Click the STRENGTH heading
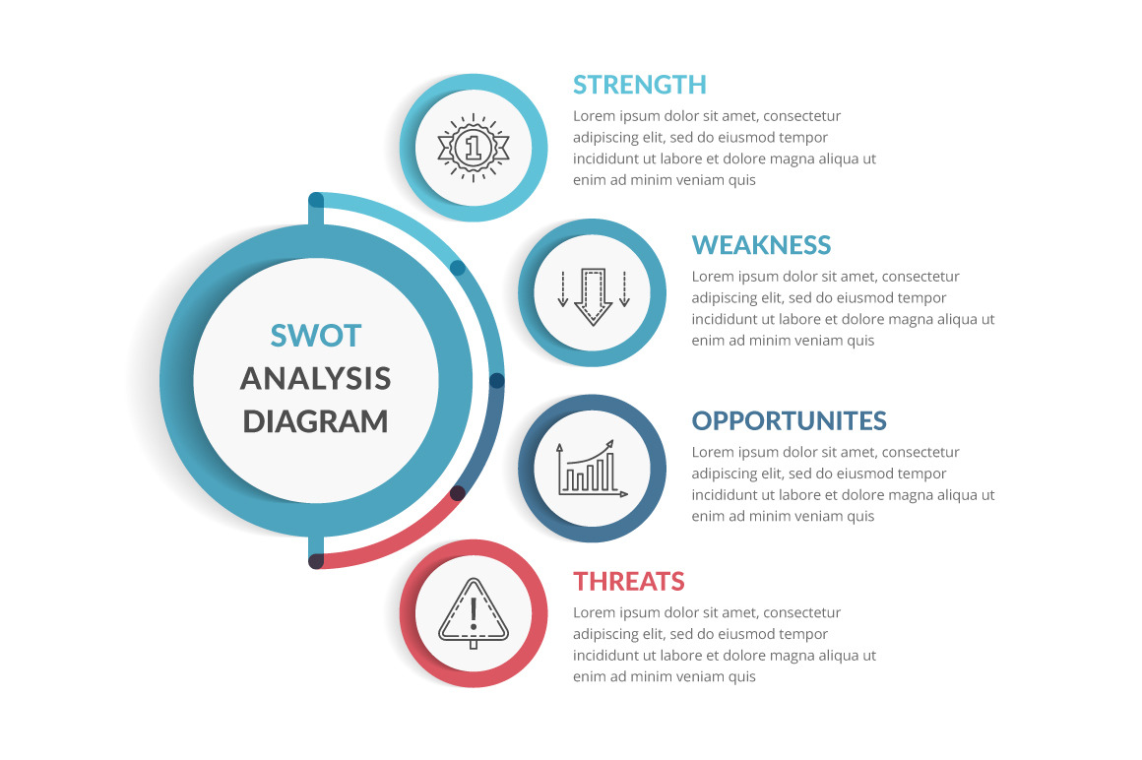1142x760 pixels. [640, 85]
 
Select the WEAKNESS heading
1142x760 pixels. [761, 245]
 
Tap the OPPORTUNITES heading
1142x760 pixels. [789, 421]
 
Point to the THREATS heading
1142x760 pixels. [629, 582]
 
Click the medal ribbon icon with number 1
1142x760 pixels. [474, 148]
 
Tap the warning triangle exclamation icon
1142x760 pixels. [474, 612]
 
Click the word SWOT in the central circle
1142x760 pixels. [316, 336]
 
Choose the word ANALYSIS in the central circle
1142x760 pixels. [316, 378]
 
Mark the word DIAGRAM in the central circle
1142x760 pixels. [316, 421]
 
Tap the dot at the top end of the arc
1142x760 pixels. [316, 201]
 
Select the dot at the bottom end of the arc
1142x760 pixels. [316, 561]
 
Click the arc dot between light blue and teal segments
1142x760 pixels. [458, 267]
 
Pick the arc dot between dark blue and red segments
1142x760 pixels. [458, 493]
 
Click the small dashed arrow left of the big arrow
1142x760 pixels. [562, 289]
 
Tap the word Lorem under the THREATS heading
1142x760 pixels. [594, 613]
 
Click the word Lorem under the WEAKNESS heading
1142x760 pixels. [712, 278]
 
